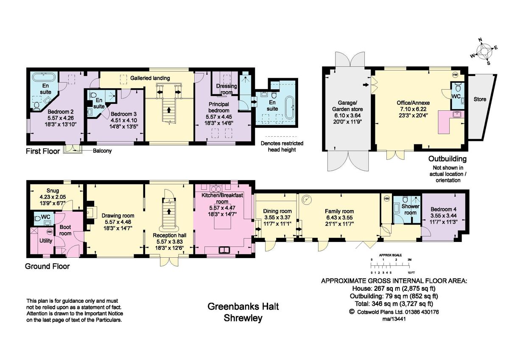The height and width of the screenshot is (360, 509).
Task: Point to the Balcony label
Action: point(102,151)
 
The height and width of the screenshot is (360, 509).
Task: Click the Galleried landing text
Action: point(150,78)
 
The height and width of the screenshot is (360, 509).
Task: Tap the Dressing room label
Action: point(226,89)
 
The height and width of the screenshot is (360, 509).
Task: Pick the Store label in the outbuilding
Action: point(480,99)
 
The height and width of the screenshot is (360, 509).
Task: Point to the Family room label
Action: point(339,211)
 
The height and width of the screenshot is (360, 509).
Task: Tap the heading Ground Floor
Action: point(47,267)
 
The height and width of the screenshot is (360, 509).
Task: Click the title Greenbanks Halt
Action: point(243,307)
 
